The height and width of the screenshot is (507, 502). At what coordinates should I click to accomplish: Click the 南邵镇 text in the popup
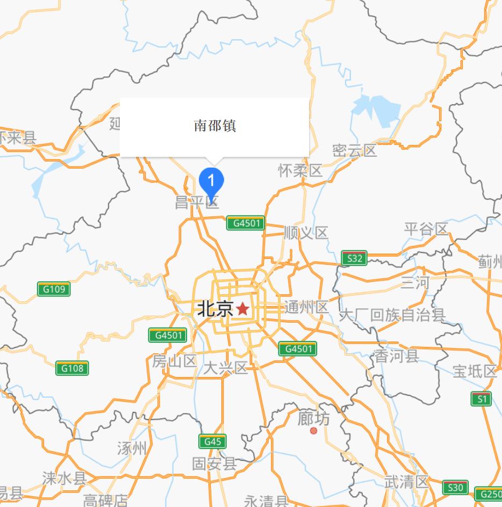click(215, 126)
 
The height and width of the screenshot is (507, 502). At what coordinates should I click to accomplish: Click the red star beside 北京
click(243, 309)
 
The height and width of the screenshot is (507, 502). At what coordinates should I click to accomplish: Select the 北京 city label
click(215, 309)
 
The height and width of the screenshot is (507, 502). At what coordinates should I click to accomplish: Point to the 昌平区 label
click(197, 202)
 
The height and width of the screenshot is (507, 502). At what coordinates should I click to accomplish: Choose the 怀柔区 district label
click(300, 171)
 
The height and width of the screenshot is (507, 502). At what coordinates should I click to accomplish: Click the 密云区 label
click(354, 150)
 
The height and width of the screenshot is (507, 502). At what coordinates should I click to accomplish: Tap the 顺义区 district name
click(305, 233)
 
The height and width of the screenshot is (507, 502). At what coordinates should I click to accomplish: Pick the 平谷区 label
click(426, 229)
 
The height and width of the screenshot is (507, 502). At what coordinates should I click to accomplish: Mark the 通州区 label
click(306, 308)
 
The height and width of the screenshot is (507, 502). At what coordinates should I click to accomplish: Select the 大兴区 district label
click(225, 368)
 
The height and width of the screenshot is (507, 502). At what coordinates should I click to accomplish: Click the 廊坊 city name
click(314, 418)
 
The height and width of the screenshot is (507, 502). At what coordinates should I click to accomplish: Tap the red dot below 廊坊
click(314, 431)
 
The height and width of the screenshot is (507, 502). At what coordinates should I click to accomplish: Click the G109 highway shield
click(54, 289)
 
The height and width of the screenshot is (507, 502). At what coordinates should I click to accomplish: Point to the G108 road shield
click(72, 368)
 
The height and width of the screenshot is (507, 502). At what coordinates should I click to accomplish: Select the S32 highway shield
click(355, 258)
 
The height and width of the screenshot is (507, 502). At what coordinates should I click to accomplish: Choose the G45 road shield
click(212, 442)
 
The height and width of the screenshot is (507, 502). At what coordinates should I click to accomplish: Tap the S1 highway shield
click(481, 399)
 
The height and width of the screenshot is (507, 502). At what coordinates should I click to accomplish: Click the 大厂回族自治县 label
click(392, 315)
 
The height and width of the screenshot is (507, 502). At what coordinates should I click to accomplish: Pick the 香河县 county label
click(397, 356)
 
